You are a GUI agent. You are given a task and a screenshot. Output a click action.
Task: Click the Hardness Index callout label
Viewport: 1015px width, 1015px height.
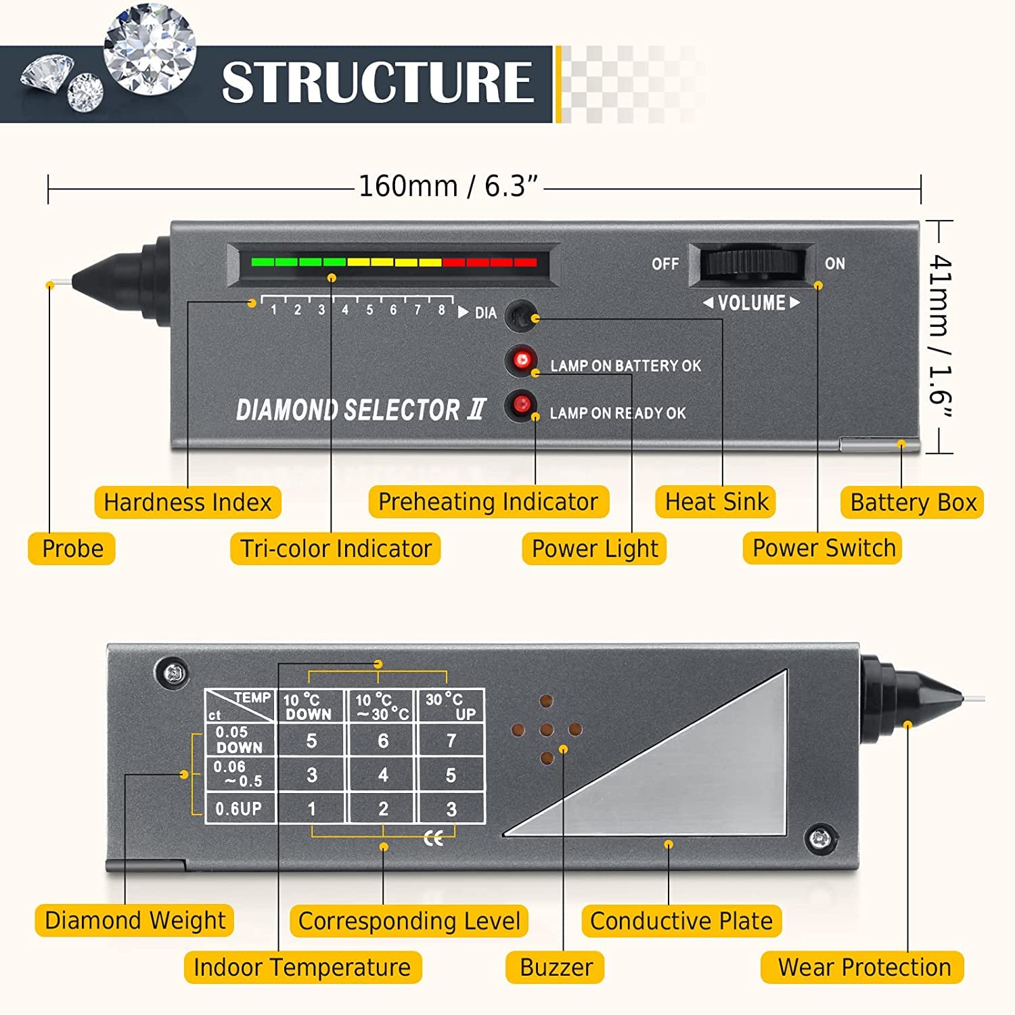pos(187,503)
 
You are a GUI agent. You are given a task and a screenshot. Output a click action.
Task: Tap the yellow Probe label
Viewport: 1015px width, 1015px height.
pos(72,548)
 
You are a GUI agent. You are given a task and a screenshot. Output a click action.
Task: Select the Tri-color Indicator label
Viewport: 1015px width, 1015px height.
pos(336,548)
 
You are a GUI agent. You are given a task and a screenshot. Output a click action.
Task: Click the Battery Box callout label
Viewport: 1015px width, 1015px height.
pos(912,503)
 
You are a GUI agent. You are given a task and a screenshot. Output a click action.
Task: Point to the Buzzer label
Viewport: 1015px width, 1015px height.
pos(556,968)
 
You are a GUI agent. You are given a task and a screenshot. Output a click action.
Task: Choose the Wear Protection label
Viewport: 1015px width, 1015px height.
pos(863,968)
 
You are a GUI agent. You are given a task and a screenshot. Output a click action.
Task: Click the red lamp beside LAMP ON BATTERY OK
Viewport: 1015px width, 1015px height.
pos(522,359)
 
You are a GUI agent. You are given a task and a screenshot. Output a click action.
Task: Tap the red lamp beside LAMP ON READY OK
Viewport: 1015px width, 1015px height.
pos(521,405)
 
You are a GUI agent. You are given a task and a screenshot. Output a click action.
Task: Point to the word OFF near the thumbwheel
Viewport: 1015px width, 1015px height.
pos(665,264)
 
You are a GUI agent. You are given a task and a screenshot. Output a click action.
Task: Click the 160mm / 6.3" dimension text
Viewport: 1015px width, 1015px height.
pos(448,186)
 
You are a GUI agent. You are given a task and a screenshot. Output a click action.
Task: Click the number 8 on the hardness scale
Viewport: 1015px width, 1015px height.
pos(441,311)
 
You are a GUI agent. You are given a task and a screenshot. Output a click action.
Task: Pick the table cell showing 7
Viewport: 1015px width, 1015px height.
pos(451,741)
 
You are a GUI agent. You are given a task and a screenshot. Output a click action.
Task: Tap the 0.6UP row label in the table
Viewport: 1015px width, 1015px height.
pos(238,809)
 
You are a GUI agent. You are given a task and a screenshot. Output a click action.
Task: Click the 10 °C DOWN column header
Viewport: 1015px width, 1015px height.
pos(309,707)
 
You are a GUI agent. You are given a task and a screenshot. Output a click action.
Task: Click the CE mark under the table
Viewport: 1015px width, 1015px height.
pos(434,839)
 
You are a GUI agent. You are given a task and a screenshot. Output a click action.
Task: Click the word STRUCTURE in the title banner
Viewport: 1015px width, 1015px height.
pos(378,83)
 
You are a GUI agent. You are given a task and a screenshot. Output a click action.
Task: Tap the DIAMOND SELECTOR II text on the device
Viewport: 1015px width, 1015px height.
pos(361,410)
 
